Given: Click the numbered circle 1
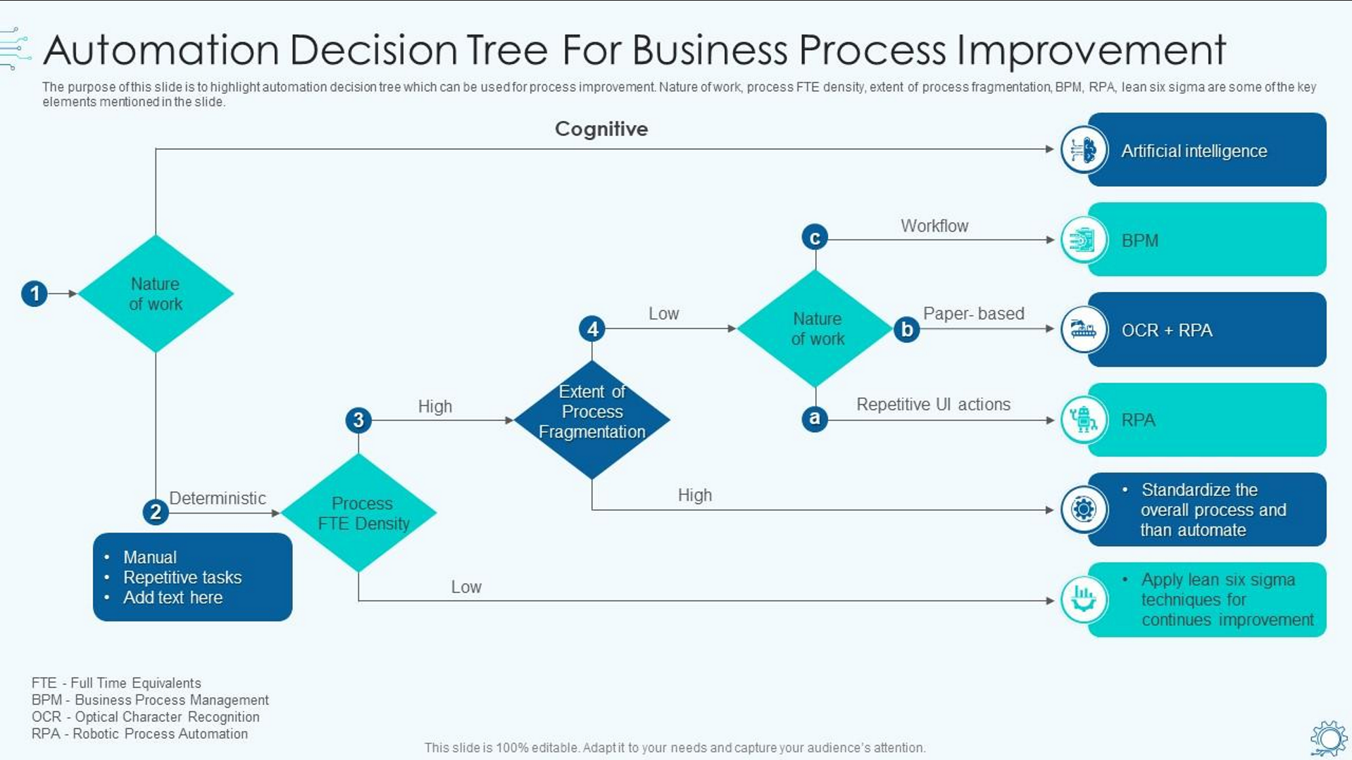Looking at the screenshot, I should (35, 293).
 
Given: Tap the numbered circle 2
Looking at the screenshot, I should (156, 512).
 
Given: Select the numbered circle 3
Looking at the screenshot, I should (358, 420).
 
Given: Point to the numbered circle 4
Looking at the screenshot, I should (592, 329).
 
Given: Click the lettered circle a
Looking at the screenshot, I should (815, 419).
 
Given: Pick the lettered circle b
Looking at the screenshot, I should (907, 329).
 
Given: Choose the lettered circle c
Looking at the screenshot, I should (815, 238).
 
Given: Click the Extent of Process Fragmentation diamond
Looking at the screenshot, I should (592, 419).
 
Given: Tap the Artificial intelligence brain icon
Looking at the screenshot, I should (1084, 150).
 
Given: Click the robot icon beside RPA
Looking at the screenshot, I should (1084, 420).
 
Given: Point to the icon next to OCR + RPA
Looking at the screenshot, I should (1084, 329).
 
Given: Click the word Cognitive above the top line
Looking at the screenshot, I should (601, 129).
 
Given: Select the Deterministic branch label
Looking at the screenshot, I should (218, 498).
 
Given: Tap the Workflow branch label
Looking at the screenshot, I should (934, 226).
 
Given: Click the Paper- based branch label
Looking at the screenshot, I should (973, 314).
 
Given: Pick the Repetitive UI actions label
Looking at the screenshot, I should (933, 405).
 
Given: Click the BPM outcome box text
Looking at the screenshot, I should (1139, 241).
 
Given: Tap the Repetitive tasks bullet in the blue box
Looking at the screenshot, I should (182, 578).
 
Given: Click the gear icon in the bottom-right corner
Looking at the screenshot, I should (1329, 738).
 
